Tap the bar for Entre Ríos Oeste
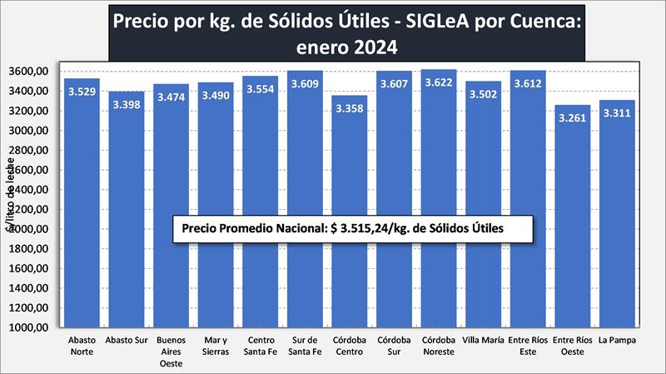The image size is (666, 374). coord(573,275)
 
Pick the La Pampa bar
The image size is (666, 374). coord(618,275)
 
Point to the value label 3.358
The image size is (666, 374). coord(350,110)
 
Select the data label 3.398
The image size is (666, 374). coord(127,106)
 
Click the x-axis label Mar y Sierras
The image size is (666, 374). coord(216,346)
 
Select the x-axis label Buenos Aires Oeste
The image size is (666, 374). coord(171,351)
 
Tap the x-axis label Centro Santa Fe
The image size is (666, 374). coord(260,346)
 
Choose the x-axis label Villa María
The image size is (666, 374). coord(484,341)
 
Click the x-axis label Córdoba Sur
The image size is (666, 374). coord(394,346)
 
